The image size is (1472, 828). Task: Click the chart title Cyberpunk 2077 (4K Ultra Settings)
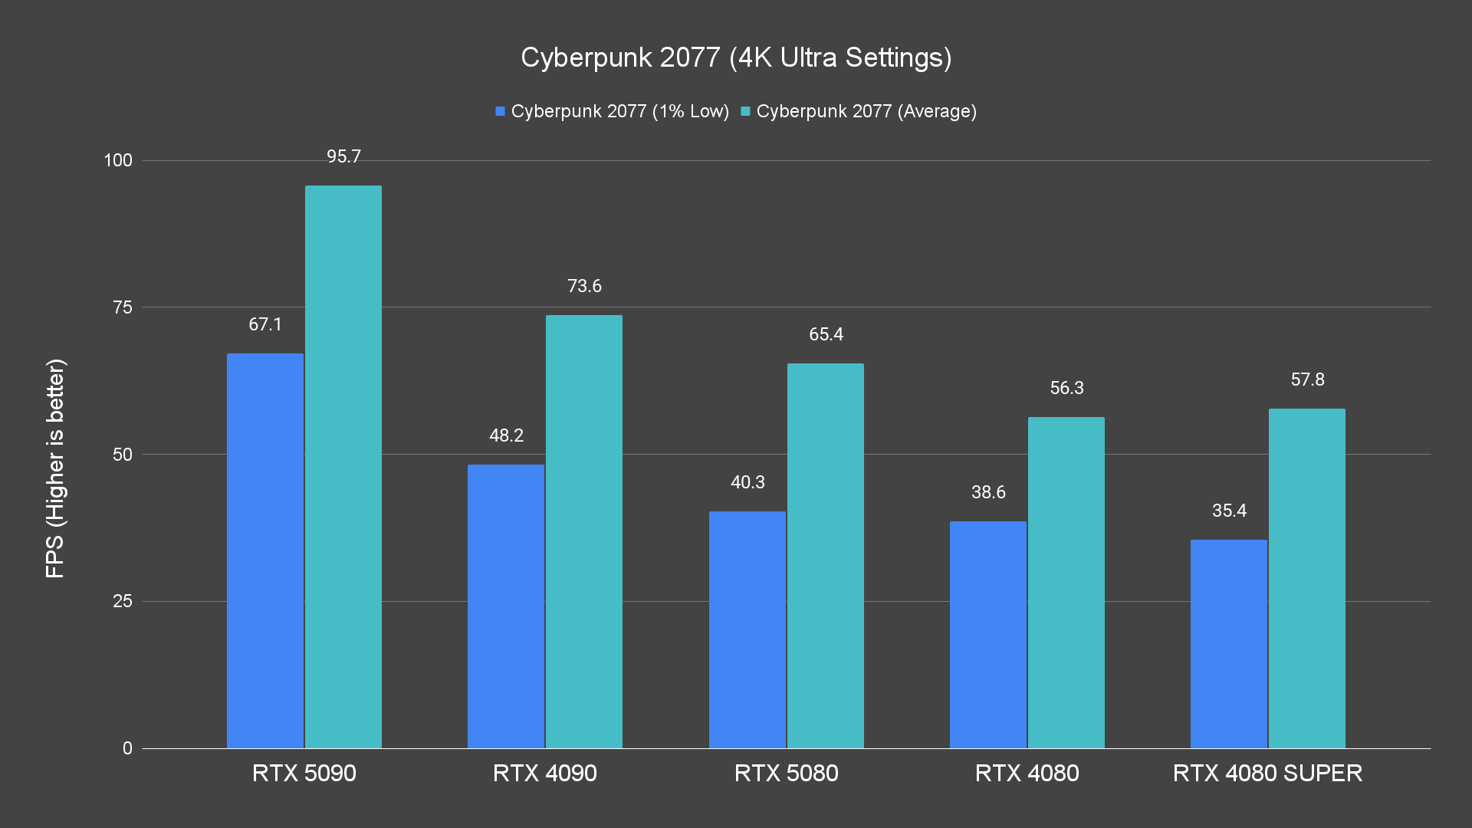(x=736, y=58)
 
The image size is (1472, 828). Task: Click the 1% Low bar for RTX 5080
(x=747, y=629)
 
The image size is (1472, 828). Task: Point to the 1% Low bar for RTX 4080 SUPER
(x=1229, y=644)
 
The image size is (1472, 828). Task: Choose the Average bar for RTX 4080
(x=1066, y=583)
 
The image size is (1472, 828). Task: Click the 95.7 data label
(x=343, y=156)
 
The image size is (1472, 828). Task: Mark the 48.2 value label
(x=506, y=435)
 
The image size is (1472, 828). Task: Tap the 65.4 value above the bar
(x=826, y=334)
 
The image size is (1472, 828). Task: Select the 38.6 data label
(x=988, y=492)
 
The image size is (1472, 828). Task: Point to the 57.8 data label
(x=1307, y=379)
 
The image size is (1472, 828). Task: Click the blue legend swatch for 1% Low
(x=501, y=112)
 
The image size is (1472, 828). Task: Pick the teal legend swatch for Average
(x=745, y=112)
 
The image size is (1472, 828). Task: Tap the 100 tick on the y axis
(x=118, y=160)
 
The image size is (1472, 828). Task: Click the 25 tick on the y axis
(x=123, y=601)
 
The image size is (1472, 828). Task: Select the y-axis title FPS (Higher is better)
(x=55, y=468)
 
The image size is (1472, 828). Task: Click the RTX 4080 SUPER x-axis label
(x=1267, y=773)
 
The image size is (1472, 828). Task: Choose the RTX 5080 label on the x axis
(x=786, y=773)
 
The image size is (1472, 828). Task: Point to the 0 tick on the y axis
(x=127, y=748)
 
